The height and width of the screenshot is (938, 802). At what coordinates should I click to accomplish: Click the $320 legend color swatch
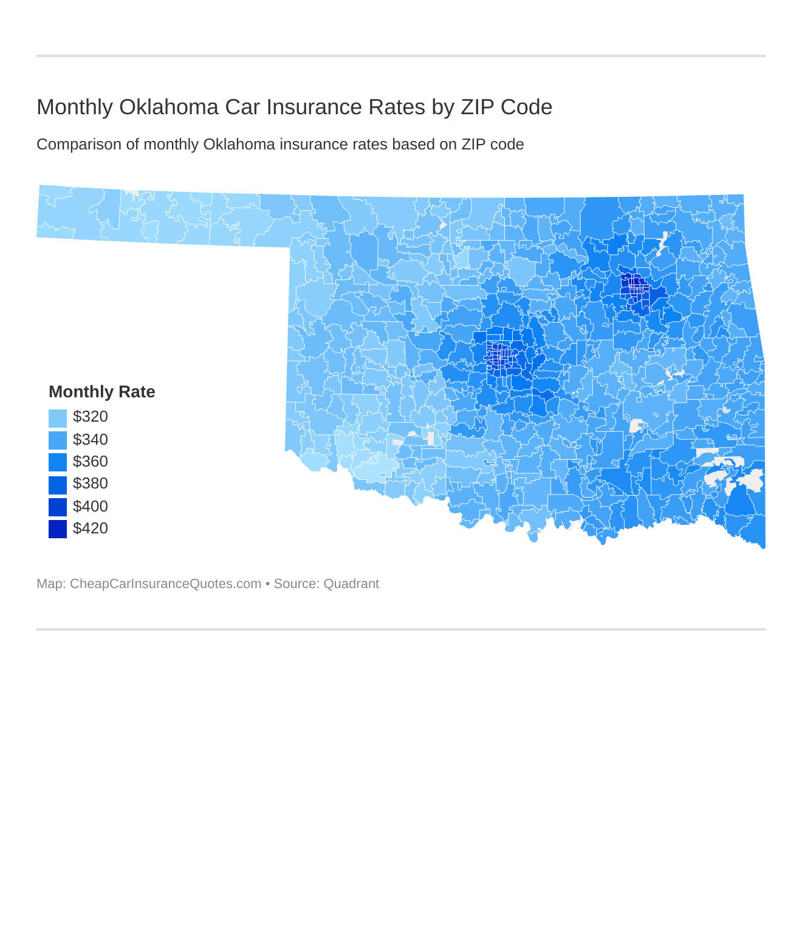click(58, 418)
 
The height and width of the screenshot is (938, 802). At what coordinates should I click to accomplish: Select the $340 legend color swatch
click(58, 440)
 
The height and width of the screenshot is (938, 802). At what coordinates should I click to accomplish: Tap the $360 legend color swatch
click(58, 462)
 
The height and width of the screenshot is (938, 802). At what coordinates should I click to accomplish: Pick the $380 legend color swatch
click(58, 484)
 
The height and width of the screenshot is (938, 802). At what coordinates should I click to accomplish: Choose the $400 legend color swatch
click(58, 507)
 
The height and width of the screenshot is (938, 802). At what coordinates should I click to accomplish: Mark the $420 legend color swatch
click(58, 529)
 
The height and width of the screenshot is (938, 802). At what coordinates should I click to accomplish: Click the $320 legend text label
click(90, 417)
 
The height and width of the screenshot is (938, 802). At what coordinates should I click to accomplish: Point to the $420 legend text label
click(90, 529)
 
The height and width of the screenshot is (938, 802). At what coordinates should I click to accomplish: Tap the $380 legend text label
click(90, 484)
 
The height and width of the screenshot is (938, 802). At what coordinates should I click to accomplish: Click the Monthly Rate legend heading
click(101, 392)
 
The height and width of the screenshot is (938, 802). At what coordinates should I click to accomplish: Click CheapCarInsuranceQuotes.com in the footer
click(165, 584)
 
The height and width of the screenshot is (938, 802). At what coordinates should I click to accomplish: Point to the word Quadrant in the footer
click(351, 584)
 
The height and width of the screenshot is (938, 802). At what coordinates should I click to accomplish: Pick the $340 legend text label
click(90, 439)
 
